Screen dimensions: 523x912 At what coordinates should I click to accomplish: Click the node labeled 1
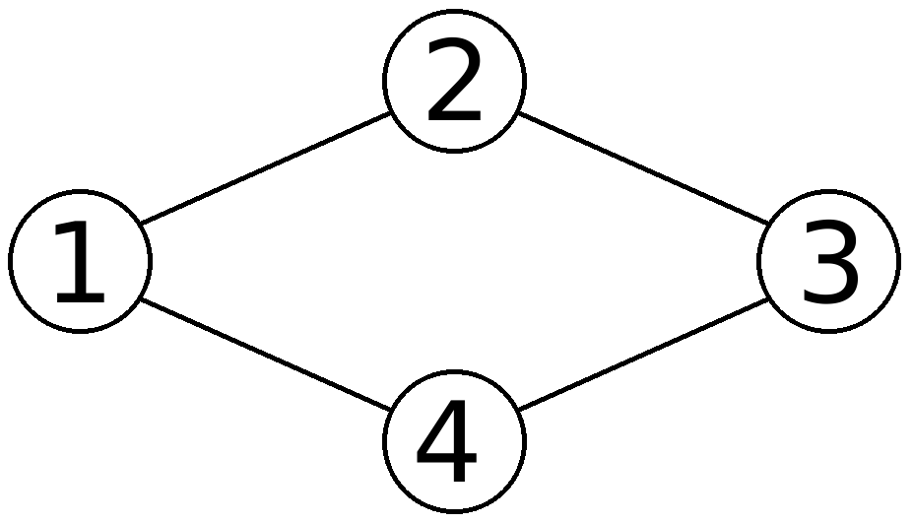click(80, 261)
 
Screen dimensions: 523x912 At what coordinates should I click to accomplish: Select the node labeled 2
click(454, 81)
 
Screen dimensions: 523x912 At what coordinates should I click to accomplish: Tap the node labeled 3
click(828, 261)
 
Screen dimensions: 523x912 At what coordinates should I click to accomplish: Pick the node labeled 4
click(454, 441)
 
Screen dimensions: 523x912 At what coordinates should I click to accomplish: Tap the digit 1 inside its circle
click(80, 263)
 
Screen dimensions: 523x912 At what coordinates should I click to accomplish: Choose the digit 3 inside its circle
click(829, 263)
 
